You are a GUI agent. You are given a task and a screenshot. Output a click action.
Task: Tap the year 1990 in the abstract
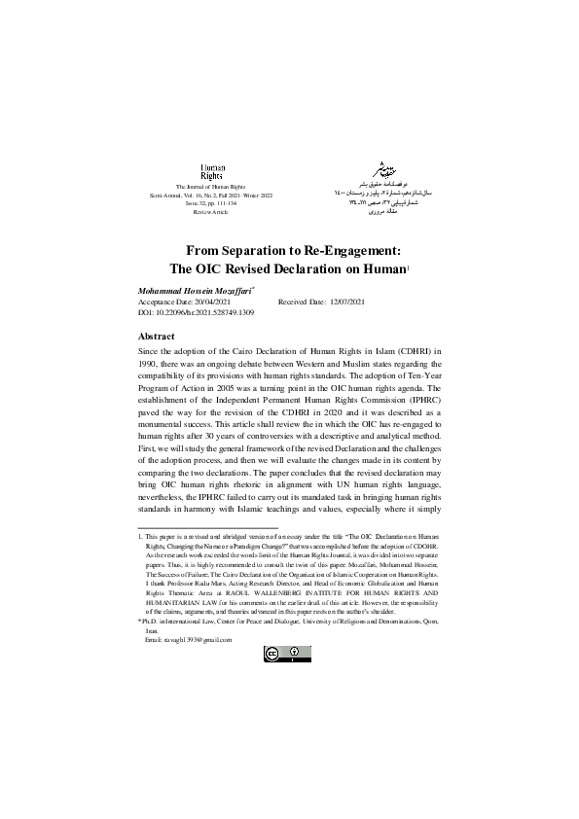(x=151, y=366)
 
